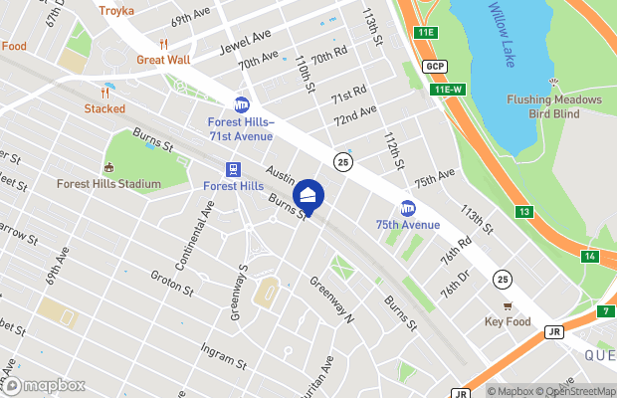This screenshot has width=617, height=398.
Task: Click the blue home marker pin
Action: (308, 196)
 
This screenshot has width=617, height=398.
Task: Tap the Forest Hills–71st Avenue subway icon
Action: (241, 104)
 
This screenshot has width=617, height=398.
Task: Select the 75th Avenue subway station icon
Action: (407, 208)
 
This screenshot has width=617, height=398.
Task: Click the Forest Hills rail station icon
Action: (233, 169)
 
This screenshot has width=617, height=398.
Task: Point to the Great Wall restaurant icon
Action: (163, 44)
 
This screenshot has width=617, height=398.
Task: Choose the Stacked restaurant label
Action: (104, 108)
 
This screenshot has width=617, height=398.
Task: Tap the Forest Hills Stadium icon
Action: (108, 167)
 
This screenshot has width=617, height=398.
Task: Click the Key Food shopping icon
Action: (508, 305)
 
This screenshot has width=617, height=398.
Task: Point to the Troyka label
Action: (116, 10)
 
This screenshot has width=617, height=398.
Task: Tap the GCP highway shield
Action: (433, 67)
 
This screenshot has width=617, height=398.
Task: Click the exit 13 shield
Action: (524, 211)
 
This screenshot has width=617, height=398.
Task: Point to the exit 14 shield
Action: (590, 256)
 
